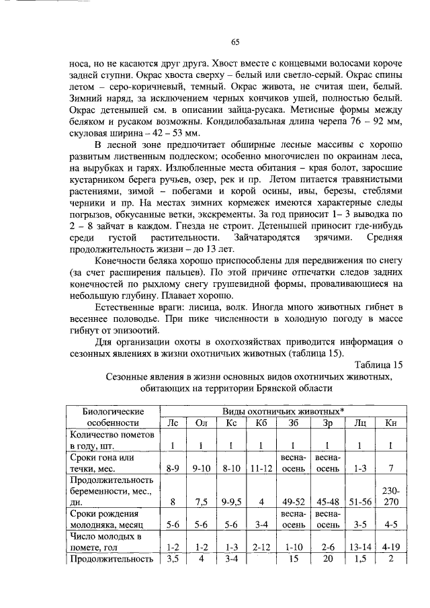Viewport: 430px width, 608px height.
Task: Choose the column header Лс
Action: tap(173, 423)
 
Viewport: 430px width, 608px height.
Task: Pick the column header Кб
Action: tap(261, 423)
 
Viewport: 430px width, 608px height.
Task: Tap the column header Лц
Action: tap(359, 423)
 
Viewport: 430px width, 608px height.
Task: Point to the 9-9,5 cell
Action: tap(232, 501)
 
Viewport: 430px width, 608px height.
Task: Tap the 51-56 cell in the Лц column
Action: tap(359, 501)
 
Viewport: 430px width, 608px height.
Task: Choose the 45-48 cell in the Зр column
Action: tap(327, 501)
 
